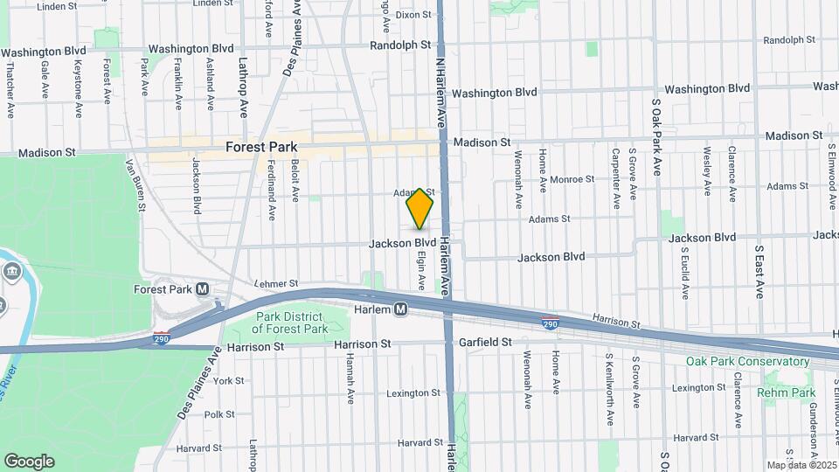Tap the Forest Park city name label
click(x=262, y=148)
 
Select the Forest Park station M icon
click(x=202, y=289)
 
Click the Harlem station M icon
click(x=401, y=309)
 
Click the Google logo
click(x=29, y=462)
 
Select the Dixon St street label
click(x=413, y=15)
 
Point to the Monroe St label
click(x=572, y=178)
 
